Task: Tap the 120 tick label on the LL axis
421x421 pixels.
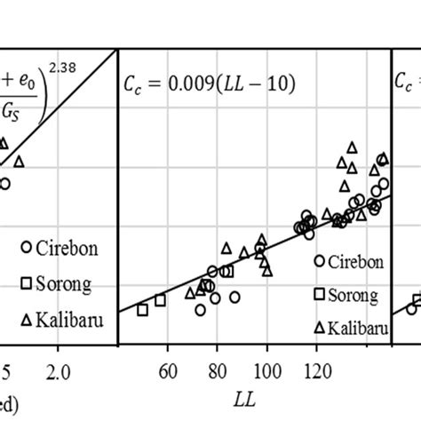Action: tap(316, 365)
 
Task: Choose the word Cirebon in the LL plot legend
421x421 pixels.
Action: tap(355, 262)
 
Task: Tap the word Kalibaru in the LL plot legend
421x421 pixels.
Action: tap(358, 328)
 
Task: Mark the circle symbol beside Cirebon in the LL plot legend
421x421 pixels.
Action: tap(321, 261)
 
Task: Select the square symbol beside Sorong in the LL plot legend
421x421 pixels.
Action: tap(321, 294)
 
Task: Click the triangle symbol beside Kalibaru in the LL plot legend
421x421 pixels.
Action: tap(321, 327)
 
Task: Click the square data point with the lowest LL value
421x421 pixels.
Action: tap(142, 309)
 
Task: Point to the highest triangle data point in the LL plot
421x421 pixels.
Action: tap(352, 147)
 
